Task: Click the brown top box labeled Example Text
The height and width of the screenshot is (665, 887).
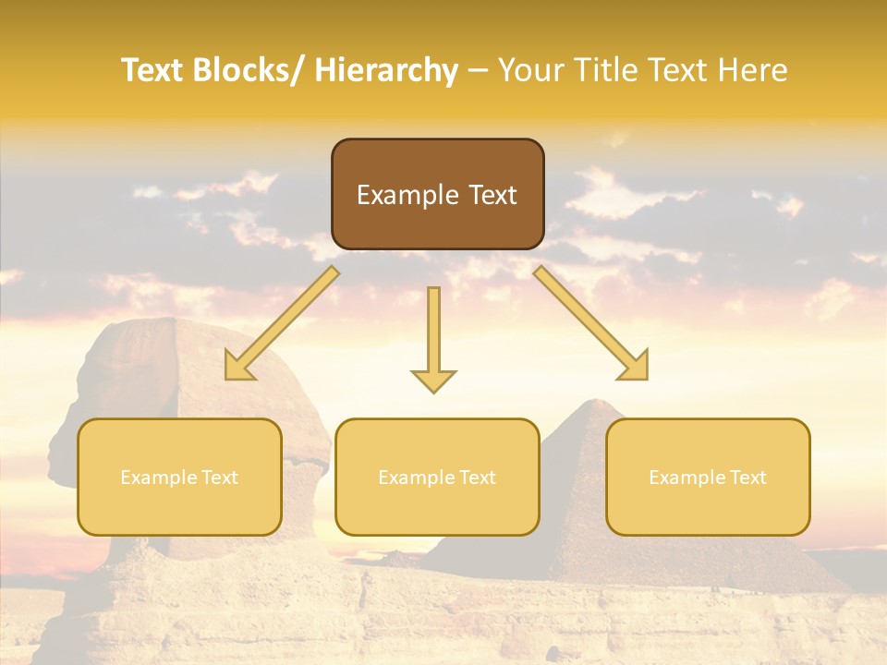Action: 437,194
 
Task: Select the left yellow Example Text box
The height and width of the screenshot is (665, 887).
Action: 179,477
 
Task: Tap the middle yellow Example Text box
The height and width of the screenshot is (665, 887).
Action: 437,477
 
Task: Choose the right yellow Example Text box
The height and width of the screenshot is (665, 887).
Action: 708,477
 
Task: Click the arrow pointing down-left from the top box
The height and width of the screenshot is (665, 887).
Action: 282,323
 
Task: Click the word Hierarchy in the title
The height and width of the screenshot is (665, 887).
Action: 386,71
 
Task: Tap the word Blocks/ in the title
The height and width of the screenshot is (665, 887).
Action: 251,71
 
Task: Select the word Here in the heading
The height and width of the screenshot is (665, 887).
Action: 755,71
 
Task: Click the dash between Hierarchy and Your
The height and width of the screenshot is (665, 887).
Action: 478,71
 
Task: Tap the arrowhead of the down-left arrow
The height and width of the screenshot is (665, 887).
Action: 237,368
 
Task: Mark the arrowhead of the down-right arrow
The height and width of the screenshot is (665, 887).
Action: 636,368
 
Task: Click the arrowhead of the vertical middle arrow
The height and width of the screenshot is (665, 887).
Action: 433,381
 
